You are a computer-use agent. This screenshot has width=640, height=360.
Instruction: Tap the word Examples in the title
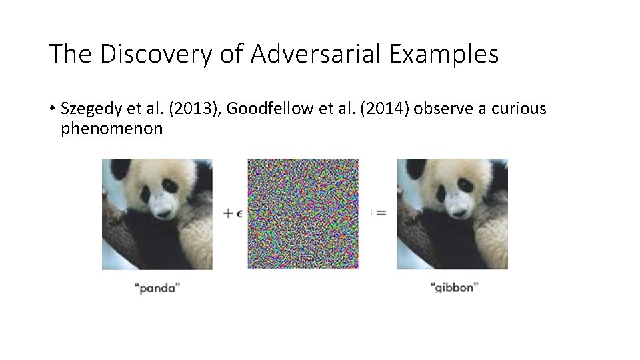(x=440, y=54)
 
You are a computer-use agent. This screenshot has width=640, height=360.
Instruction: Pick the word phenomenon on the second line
(x=111, y=128)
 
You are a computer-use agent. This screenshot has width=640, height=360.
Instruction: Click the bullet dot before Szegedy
(x=52, y=109)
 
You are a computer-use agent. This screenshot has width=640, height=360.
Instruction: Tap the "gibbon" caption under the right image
(x=455, y=288)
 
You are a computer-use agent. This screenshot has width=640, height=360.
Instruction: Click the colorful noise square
(x=303, y=213)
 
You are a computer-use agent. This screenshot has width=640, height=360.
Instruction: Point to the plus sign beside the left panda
(x=228, y=213)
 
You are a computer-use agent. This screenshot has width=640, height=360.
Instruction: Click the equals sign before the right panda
(x=381, y=213)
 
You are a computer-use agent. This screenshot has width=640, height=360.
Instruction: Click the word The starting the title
(x=67, y=54)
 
